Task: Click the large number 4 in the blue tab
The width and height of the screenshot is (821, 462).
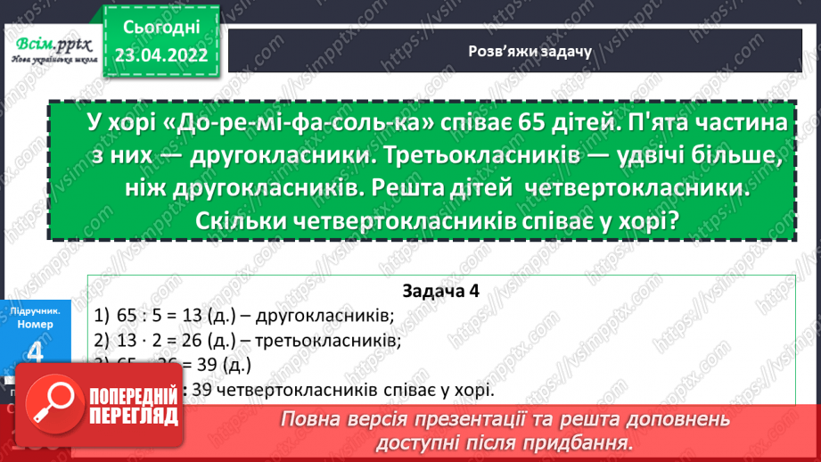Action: click(36, 354)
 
